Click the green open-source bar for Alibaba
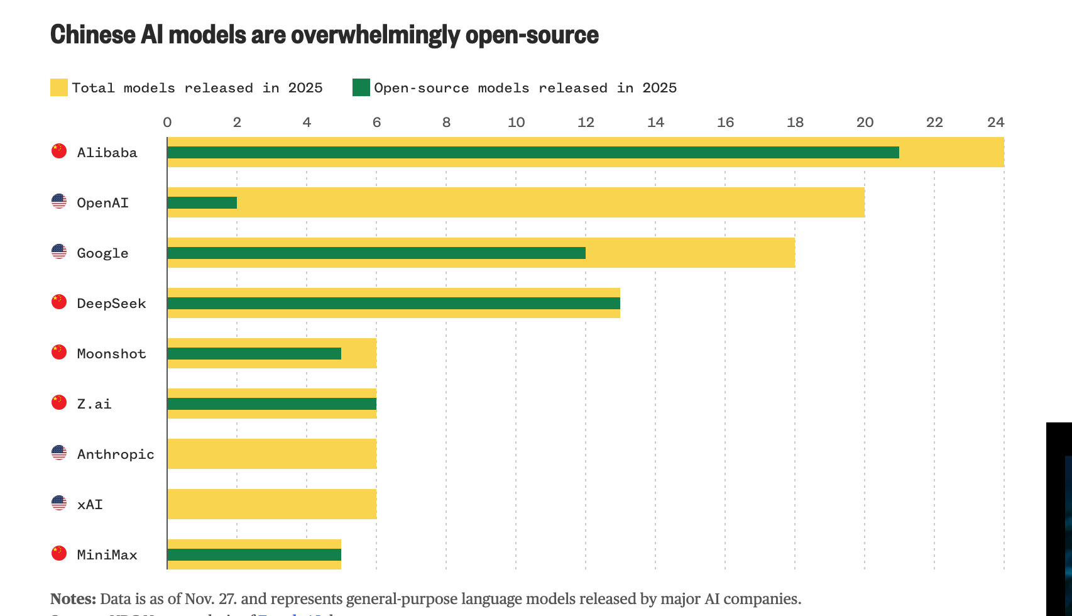pos(533,152)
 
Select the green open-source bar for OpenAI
pos(202,202)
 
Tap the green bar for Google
pos(376,253)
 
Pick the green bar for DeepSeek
pos(394,303)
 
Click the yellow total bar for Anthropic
pos(272,454)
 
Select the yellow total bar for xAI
pos(272,504)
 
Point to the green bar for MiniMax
pos(254,554)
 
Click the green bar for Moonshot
pos(254,353)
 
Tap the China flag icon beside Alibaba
pos(59,151)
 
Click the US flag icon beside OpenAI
pos(59,202)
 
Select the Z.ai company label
pos(94,404)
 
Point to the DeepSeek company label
pos(111,304)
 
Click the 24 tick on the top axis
pos(995,122)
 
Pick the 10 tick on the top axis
pos(516,122)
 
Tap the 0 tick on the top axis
pos(167,122)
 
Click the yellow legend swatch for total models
pos(59,87)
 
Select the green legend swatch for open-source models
pos(361,87)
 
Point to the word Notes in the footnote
pos(73,598)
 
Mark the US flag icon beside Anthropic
pos(59,453)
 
